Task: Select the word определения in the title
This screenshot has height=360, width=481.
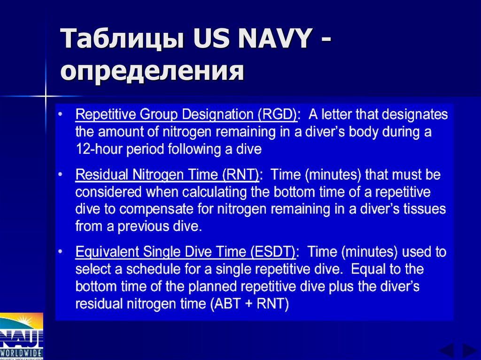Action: (152, 71)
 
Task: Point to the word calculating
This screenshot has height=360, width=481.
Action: (200, 192)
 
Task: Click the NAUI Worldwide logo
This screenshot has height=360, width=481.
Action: (22, 336)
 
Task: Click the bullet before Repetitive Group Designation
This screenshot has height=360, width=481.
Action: (61, 115)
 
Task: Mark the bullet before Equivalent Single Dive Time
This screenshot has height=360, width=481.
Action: (61, 252)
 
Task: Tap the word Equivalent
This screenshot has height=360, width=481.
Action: (101, 252)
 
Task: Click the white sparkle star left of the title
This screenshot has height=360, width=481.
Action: (46, 97)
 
